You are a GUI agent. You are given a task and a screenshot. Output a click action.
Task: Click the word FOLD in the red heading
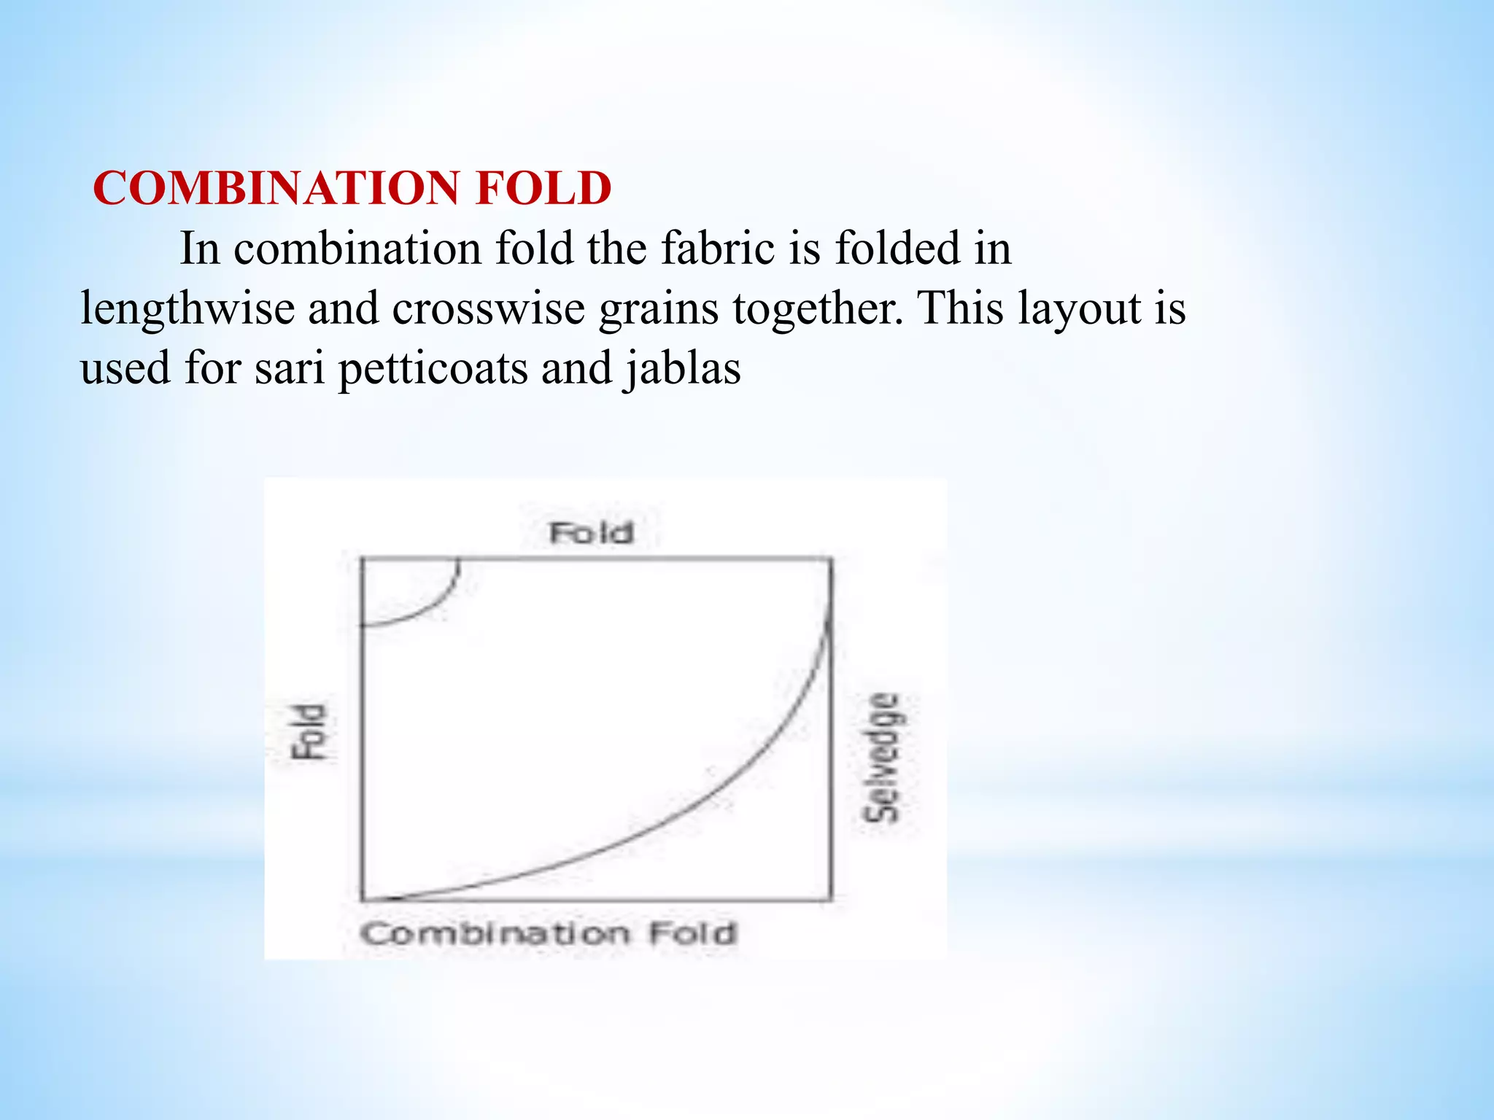tap(543, 188)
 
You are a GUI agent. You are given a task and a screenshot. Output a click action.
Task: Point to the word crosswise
tap(488, 308)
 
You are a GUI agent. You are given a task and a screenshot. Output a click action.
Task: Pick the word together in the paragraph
tap(818, 308)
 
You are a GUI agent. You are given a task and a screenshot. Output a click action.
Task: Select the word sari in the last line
tap(290, 367)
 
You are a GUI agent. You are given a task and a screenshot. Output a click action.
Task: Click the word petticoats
tap(433, 369)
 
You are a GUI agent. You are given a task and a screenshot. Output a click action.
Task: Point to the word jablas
tap(683, 367)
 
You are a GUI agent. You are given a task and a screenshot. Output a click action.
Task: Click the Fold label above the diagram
tap(591, 533)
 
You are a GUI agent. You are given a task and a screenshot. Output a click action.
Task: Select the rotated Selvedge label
tap(883, 758)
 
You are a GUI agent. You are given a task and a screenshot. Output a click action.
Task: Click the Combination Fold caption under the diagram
tap(549, 933)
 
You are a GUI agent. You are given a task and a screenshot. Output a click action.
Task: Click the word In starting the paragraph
tap(199, 248)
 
